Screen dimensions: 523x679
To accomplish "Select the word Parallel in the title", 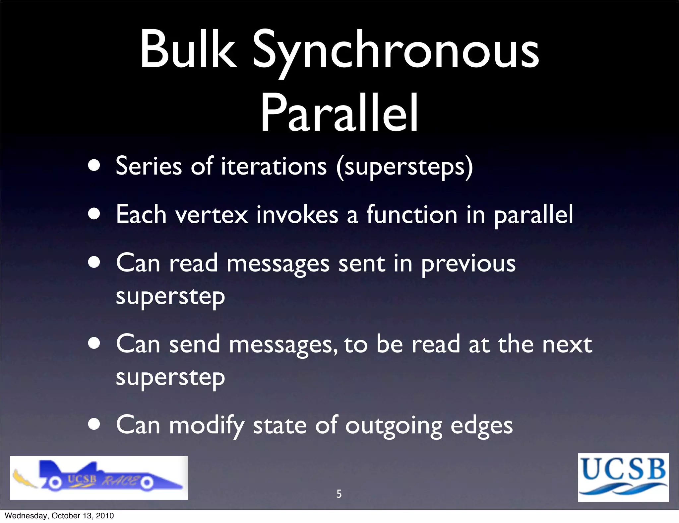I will click(339, 113).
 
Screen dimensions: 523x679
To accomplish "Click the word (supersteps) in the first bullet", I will click(404, 167).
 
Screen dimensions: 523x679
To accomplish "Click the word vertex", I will click(212, 215).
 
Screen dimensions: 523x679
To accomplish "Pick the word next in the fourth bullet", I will click(567, 344).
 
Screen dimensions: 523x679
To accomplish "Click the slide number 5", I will click(339, 494).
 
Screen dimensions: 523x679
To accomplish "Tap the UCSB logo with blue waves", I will click(623, 477).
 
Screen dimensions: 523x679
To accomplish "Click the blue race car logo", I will click(99, 478).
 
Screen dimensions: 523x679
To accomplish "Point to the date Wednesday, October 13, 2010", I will click(59, 516).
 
